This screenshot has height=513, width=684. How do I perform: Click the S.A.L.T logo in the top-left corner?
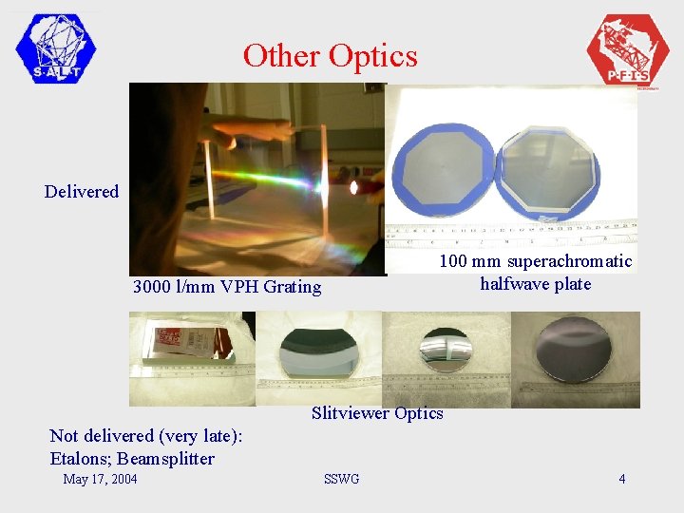coord(56,48)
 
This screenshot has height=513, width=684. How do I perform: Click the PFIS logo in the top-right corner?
coord(628,50)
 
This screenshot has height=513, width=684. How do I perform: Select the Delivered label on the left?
coord(82,192)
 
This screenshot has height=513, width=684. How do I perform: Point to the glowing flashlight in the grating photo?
coord(360,187)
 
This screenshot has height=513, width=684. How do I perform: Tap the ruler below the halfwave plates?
coord(513,235)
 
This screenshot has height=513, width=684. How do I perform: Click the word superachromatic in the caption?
coord(569,261)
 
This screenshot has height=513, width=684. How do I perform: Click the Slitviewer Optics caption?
coord(377,413)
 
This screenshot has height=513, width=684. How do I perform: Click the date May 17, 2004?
coord(100,479)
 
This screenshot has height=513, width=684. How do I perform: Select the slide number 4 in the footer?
coord(622,479)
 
